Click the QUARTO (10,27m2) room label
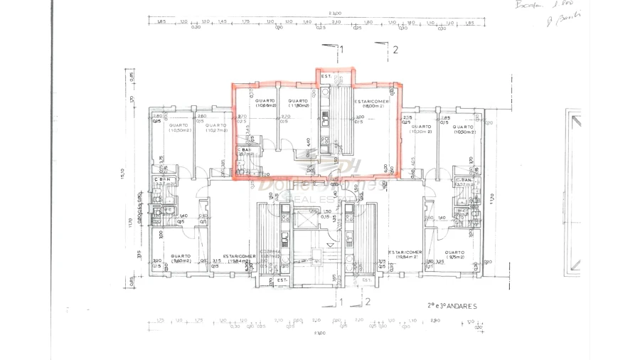[216, 128]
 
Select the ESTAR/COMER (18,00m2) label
[370, 104]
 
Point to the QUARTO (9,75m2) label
[455, 255]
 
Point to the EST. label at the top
[326, 76]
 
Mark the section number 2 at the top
[395, 50]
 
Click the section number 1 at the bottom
[341, 302]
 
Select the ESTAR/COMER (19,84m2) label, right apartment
[405, 255]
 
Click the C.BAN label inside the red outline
[246, 151]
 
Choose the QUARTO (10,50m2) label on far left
[179, 128]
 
